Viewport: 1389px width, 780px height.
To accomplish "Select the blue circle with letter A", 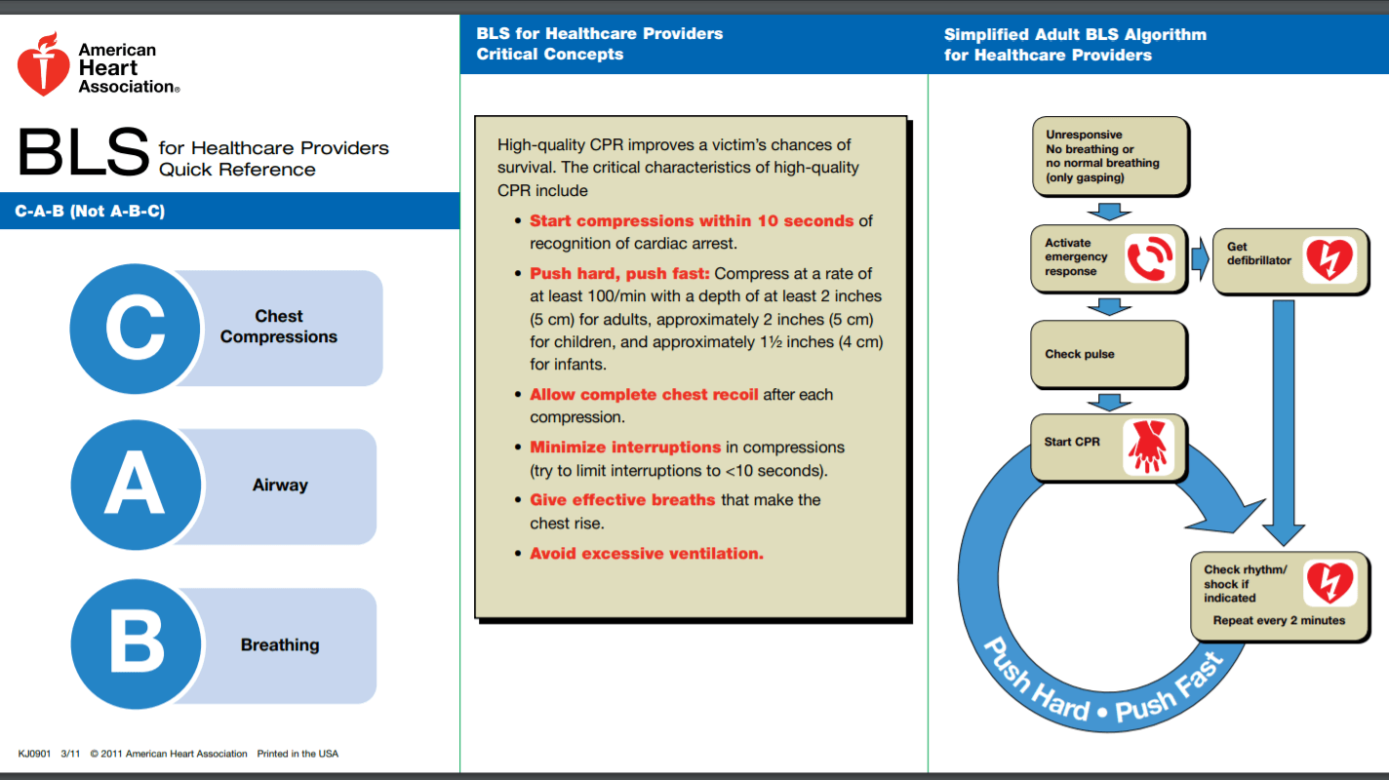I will click(x=136, y=486).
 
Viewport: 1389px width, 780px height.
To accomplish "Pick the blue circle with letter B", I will click(x=136, y=644).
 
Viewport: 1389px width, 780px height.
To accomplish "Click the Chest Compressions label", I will click(x=279, y=327).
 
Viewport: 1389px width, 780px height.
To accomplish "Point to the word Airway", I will click(x=280, y=486).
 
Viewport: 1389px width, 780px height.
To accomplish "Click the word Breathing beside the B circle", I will click(x=280, y=645).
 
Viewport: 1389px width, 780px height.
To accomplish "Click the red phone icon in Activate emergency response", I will click(x=1151, y=258).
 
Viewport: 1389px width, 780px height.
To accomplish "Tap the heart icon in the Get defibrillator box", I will click(x=1329, y=259).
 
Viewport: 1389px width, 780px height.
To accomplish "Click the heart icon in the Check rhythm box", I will click(x=1329, y=583).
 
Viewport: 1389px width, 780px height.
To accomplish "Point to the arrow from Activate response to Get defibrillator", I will click(x=1199, y=258).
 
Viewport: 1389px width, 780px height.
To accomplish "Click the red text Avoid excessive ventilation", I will click(x=646, y=554).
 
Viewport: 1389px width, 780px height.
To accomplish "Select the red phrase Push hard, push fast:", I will click(x=619, y=274).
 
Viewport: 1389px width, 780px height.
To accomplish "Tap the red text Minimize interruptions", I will click(x=625, y=448).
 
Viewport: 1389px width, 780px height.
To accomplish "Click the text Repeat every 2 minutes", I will click(x=1279, y=620).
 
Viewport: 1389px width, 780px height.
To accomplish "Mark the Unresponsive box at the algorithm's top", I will click(x=1109, y=156).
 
